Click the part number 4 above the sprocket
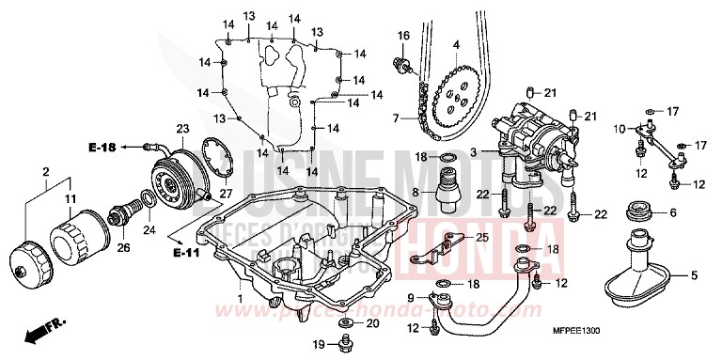point(455,44)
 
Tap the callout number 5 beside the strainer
point(695,276)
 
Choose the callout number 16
point(403,36)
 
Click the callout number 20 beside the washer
point(372,323)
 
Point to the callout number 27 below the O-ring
point(225,194)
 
